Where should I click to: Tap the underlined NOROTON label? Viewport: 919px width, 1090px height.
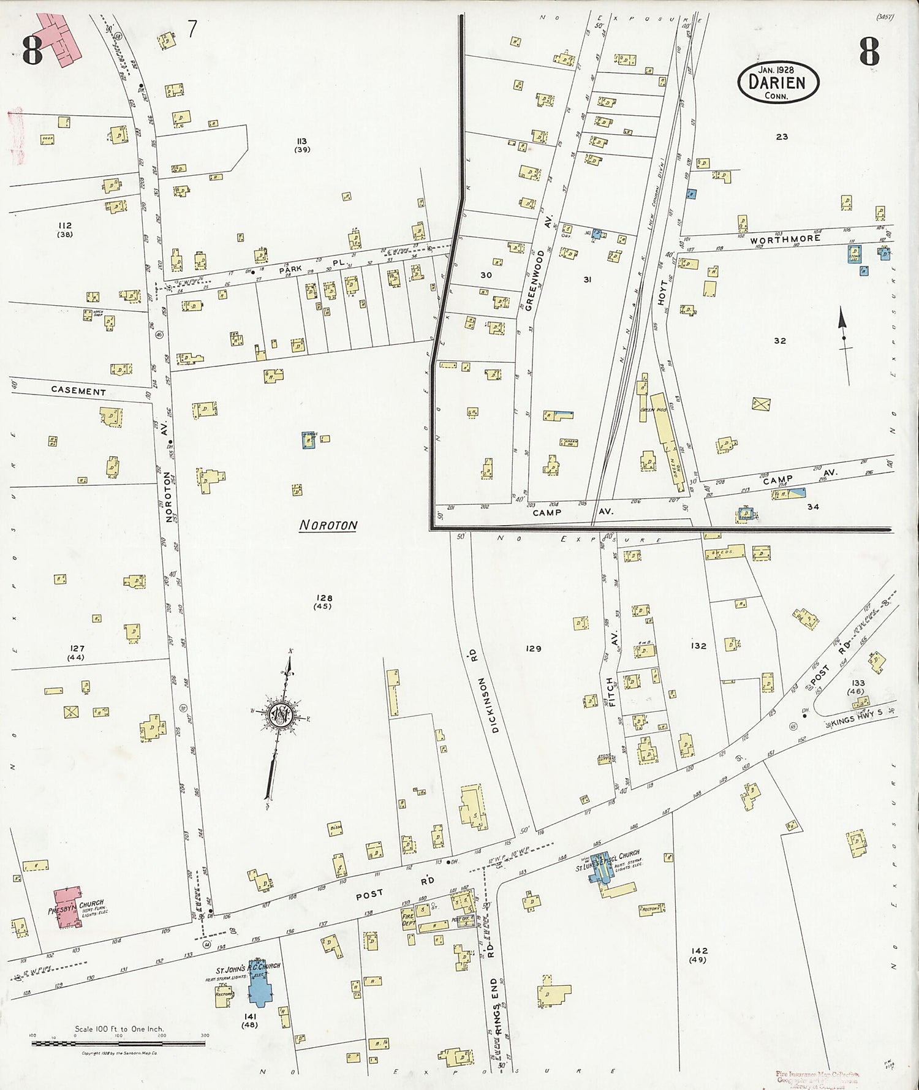(328, 525)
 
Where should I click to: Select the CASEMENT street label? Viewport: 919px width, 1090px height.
(78, 392)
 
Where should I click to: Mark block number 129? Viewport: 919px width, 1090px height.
(533, 648)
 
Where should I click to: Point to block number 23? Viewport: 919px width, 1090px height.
(781, 137)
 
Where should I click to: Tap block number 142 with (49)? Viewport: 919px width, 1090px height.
(698, 955)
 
